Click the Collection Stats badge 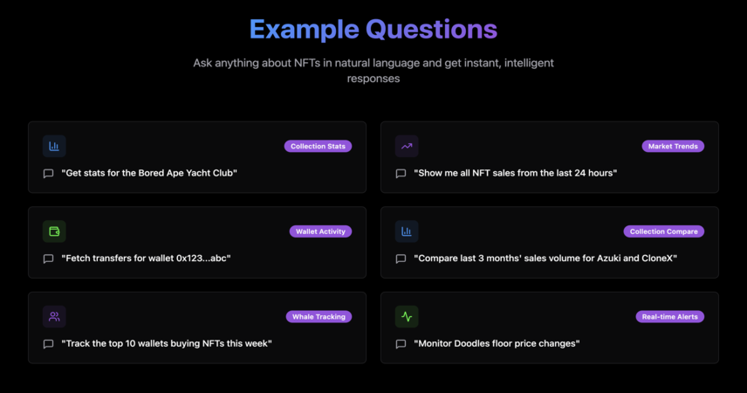click(x=318, y=147)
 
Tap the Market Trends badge click(x=673, y=147)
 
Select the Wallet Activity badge click(x=320, y=231)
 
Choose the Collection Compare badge click(x=663, y=231)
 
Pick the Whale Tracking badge click(x=319, y=317)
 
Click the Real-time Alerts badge click(x=670, y=317)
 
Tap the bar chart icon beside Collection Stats click(x=54, y=146)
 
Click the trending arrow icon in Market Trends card click(x=407, y=146)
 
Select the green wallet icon click(x=54, y=231)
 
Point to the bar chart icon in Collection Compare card click(x=407, y=231)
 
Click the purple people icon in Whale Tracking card click(x=54, y=317)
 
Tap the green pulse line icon click(x=407, y=317)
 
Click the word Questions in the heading click(x=432, y=30)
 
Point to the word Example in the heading click(x=305, y=30)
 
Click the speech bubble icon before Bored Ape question click(x=48, y=174)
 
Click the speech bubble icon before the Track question click(x=48, y=344)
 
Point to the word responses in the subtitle click(x=373, y=79)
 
